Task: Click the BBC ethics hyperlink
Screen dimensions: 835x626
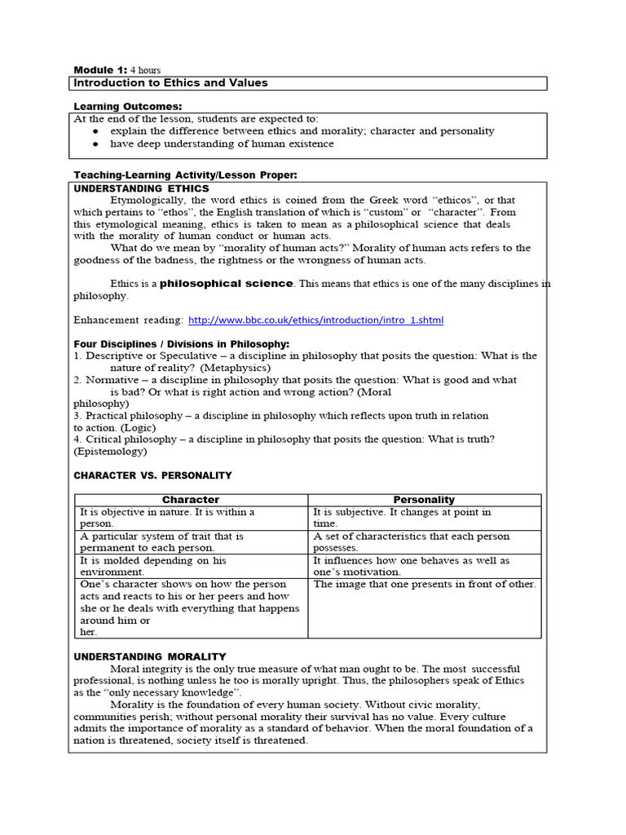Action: coord(316,320)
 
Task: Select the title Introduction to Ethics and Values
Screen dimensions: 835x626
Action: coord(170,83)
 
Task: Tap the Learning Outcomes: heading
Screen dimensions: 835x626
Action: coord(128,107)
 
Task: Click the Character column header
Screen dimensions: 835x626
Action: coord(191,500)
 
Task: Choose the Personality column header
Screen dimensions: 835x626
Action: coord(424,500)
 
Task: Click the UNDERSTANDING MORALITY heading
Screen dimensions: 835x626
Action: coord(150,656)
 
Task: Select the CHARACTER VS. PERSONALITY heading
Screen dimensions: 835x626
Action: coord(152,475)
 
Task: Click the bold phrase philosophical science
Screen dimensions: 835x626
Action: coord(226,284)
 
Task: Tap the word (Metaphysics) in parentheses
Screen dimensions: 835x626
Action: coord(236,368)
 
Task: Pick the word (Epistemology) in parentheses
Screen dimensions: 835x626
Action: coord(110,451)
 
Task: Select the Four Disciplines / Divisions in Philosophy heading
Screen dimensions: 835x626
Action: coord(181,343)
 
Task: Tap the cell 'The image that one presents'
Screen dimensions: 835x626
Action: coord(425,585)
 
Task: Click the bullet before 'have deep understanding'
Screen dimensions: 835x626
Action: coord(96,144)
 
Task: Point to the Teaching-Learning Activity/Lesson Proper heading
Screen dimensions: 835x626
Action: coord(186,175)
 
